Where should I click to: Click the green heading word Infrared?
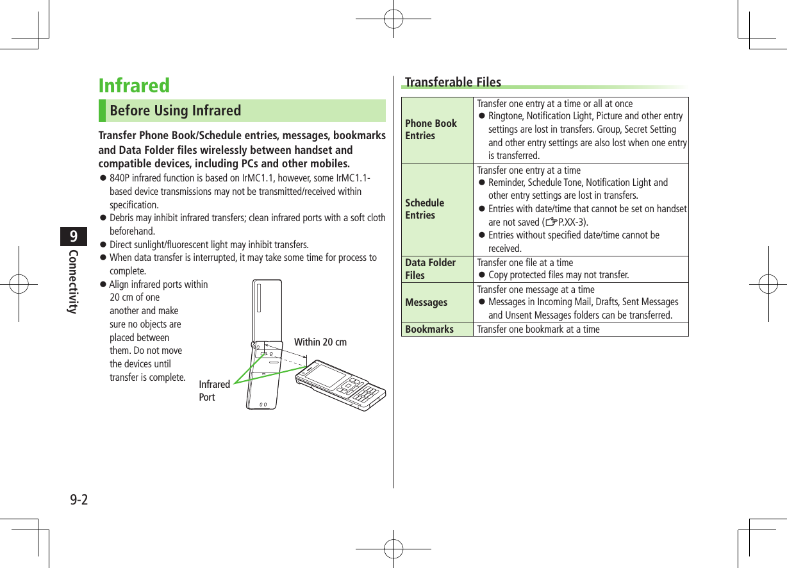(x=134, y=85)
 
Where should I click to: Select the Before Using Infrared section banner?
(x=242, y=110)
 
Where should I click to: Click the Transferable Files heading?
(x=453, y=82)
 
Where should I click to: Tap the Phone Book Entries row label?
(x=431, y=129)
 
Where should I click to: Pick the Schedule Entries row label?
(x=424, y=209)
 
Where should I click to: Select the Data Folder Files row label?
(x=430, y=269)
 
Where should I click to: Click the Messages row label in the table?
(x=426, y=302)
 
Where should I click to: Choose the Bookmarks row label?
(x=429, y=330)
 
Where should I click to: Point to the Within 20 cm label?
(x=320, y=342)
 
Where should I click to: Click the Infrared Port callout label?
(x=214, y=390)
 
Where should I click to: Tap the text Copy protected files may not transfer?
(x=558, y=275)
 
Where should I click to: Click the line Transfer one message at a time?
(x=536, y=289)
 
